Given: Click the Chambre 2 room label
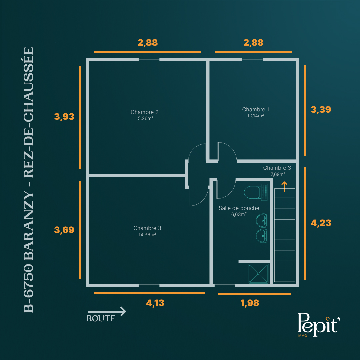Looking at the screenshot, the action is click(144, 112).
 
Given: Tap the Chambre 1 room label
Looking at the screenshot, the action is click(256, 110).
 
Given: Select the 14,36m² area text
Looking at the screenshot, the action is click(147, 234).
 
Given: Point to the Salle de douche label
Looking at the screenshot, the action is click(239, 208).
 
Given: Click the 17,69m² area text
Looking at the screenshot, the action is click(277, 174).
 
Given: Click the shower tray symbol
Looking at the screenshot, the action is click(258, 274).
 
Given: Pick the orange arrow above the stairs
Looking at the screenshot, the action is click(284, 187).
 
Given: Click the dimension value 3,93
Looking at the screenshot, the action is click(64, 117).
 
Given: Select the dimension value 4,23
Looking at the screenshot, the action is click(321, 223).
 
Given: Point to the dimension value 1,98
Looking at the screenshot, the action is click(250, 303).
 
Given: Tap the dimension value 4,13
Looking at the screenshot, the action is click(155, 303).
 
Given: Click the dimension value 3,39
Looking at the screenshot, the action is click(321, 110).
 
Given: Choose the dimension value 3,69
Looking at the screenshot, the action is click(64, 230).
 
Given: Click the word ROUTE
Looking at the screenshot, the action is click(101, 318).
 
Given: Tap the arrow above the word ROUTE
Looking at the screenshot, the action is click(107, 312).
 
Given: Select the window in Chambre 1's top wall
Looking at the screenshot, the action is click(252, 59).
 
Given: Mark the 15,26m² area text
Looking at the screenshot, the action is click(144, 118).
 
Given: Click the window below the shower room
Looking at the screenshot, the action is click(225, 286).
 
